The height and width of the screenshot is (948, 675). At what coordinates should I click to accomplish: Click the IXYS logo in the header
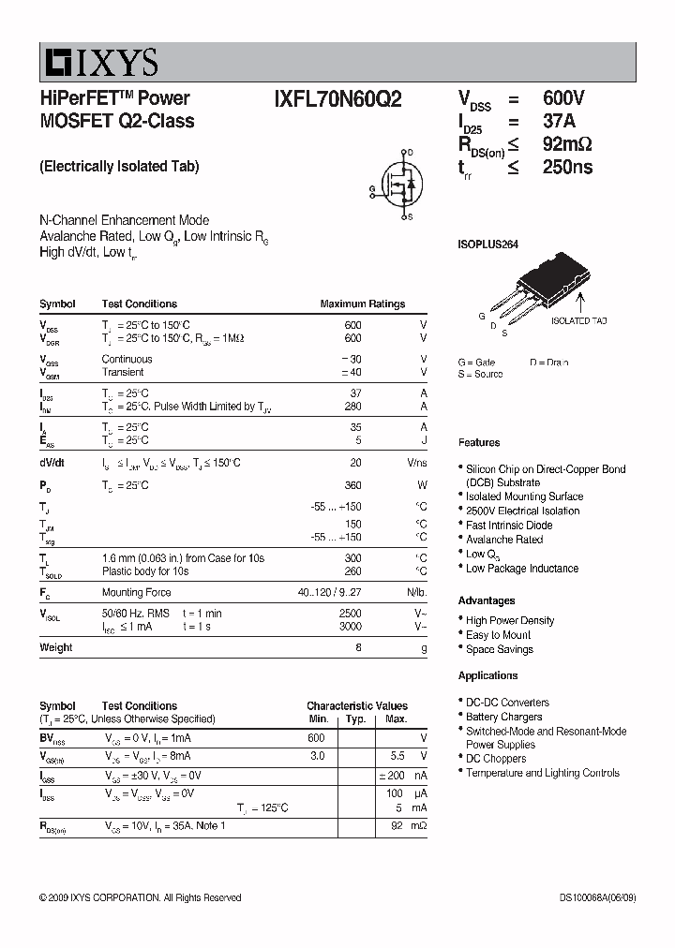tap(98, 63)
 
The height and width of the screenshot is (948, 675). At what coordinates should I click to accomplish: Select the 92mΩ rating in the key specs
tap(567, 144)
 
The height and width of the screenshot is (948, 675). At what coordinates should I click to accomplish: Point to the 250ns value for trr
tap(567, 168)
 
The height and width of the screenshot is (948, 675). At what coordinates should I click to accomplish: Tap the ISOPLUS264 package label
tap(487, 244)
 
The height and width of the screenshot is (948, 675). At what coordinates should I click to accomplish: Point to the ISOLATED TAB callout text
tap(578, 320)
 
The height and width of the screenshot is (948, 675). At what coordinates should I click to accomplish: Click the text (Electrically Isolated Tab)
tap(119, 167)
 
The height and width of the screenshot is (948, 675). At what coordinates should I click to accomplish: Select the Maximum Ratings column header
tap(362, 304)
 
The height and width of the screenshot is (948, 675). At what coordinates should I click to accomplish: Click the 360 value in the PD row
tap(352, 485)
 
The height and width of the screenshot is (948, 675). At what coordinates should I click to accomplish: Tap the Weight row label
tap(55, 647)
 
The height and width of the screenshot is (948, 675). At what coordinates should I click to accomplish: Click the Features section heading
tap(479, 442)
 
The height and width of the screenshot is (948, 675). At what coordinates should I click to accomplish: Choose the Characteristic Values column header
tap(356, 706)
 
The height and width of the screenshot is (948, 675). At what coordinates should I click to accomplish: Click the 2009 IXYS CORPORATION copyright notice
tap(140, 898)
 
